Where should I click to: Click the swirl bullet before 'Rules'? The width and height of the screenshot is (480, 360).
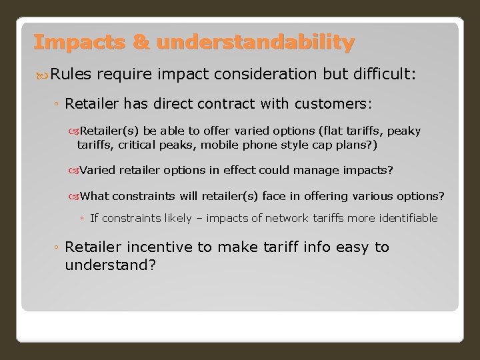tap(41, 77)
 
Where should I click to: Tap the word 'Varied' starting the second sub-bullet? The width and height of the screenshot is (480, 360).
tap(99, 170)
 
